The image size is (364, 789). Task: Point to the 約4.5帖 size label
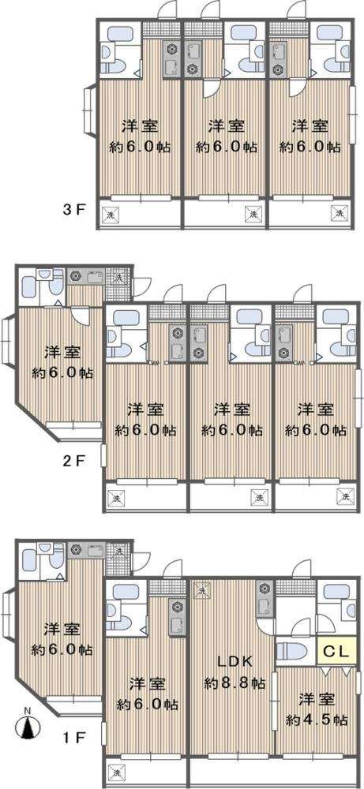point(317,720)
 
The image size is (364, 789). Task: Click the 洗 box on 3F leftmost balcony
point(110,215)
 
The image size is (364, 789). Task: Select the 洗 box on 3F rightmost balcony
point(340,213)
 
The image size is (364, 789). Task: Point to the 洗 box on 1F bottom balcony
point(116,772)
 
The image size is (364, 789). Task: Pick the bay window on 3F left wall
point(88,110)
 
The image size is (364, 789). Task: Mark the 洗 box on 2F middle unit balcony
point(258,497)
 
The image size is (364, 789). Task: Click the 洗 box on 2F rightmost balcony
point(345,496)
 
